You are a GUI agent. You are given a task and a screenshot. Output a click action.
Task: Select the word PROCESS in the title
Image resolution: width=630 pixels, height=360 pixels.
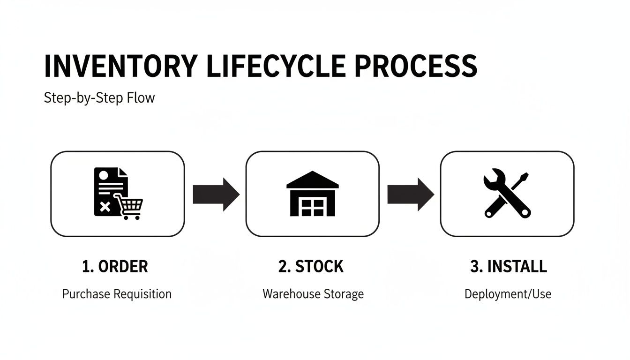click(416, 67)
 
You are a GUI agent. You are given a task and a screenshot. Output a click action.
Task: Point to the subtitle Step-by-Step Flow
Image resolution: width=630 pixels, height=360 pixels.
click(99, 98)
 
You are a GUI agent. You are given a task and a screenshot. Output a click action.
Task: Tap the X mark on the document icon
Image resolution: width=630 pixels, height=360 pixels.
click(105, 207)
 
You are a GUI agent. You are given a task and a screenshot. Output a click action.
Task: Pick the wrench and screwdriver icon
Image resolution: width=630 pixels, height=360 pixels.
click(507, 194)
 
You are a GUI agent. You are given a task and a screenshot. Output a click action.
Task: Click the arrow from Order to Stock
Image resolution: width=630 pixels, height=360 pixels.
click(216, 194)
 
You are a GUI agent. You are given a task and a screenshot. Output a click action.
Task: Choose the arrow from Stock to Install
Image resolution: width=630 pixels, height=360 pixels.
click(410, 194)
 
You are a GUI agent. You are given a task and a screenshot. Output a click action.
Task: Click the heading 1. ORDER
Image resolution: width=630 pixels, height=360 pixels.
click(115, 266)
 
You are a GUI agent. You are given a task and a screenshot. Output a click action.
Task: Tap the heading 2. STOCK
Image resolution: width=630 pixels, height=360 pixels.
click(311, 266)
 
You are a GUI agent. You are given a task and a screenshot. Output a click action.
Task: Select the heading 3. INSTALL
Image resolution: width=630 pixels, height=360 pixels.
click(508, 266)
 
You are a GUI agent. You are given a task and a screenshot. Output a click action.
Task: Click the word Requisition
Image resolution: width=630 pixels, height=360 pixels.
click(142, 294)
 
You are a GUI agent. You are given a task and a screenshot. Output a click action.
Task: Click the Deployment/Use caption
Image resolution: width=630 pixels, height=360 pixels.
click(508, 294)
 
